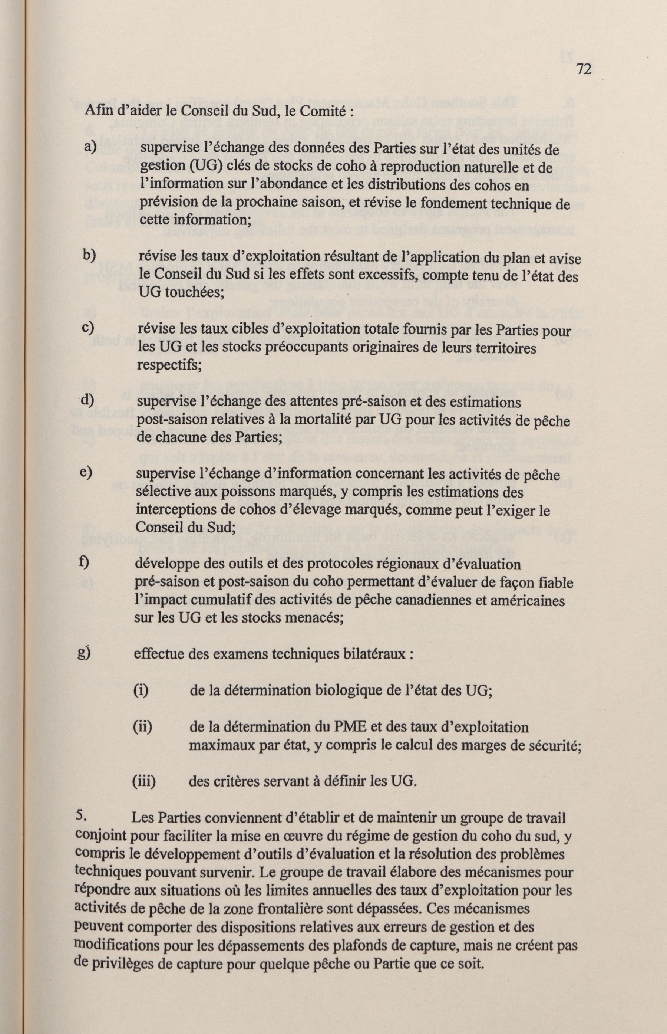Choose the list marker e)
(87, 473)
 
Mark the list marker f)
(85, 562)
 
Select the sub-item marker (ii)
(142, 726)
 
